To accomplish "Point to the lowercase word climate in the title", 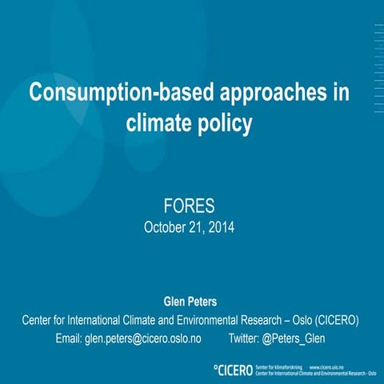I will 160,124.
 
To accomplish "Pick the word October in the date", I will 165,227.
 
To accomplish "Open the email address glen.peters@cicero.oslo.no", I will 142,338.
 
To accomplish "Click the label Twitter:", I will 244,338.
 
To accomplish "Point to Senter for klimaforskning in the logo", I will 278,366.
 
